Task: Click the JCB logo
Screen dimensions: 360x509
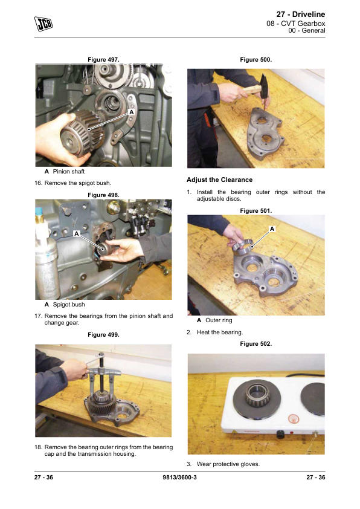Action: [43, 24]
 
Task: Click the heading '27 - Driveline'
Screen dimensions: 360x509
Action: [300, 15]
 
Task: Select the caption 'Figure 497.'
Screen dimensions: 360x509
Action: [103, 60]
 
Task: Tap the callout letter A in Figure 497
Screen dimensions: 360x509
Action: [131, 112]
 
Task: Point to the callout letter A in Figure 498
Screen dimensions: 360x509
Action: [77, 233]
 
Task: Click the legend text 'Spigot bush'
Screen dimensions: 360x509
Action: [69, 305]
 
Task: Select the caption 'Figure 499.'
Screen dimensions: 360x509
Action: [103, 335]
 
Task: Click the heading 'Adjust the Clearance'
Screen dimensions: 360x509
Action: [220, 180]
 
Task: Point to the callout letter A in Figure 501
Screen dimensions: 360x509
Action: [272, 229]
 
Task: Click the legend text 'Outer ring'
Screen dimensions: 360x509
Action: [219, 320]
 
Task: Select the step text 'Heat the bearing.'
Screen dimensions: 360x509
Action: [220, 332]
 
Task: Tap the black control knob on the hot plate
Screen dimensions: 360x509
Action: [280, 433]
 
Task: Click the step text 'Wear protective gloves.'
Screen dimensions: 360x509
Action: [228, 464]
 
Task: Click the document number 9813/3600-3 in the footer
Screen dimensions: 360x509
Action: [179, 477]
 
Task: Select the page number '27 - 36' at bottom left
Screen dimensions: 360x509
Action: [43, 477]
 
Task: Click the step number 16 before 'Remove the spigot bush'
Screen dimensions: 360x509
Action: [38, 183]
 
